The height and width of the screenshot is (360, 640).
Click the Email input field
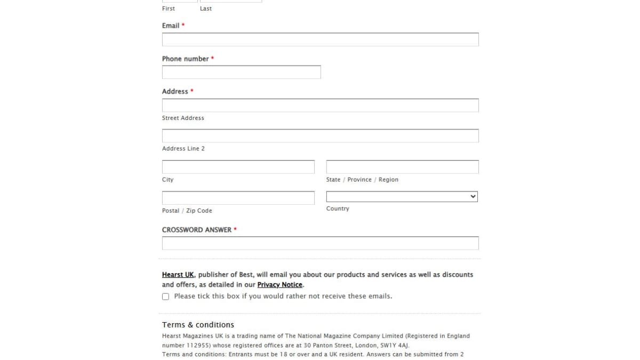[x=320, y=39]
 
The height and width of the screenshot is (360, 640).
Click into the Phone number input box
[x=241, y=72]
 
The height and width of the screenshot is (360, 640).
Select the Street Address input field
[x=320, y=105]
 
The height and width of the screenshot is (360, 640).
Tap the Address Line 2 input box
[x=320, y=135]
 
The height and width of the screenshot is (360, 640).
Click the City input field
[x=238, y=166]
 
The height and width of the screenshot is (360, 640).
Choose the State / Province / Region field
[x=402, y=166]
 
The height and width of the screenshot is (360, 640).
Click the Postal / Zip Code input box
[x=238, y=198]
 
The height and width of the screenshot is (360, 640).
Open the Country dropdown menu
[x=402, y=197]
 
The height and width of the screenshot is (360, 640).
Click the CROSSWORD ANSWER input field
[x=320, y=243]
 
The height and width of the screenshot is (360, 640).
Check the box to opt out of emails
[x=166, y=297]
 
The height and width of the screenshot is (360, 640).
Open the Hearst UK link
[x=178, y=275]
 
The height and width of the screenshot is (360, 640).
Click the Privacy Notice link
[x=279, y=285]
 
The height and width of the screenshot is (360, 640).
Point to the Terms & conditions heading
[x=198, y=325]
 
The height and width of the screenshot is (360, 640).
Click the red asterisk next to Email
[x=183, y=25]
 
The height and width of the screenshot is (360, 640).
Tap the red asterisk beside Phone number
[x=212, y=58]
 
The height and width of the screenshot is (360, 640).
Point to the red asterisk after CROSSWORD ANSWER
[x=235, y=229]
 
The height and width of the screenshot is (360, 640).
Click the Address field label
[x=175, y=91]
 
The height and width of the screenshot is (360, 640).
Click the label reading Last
[x=206, y=9]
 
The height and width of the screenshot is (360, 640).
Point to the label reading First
[x=169, y=9]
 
